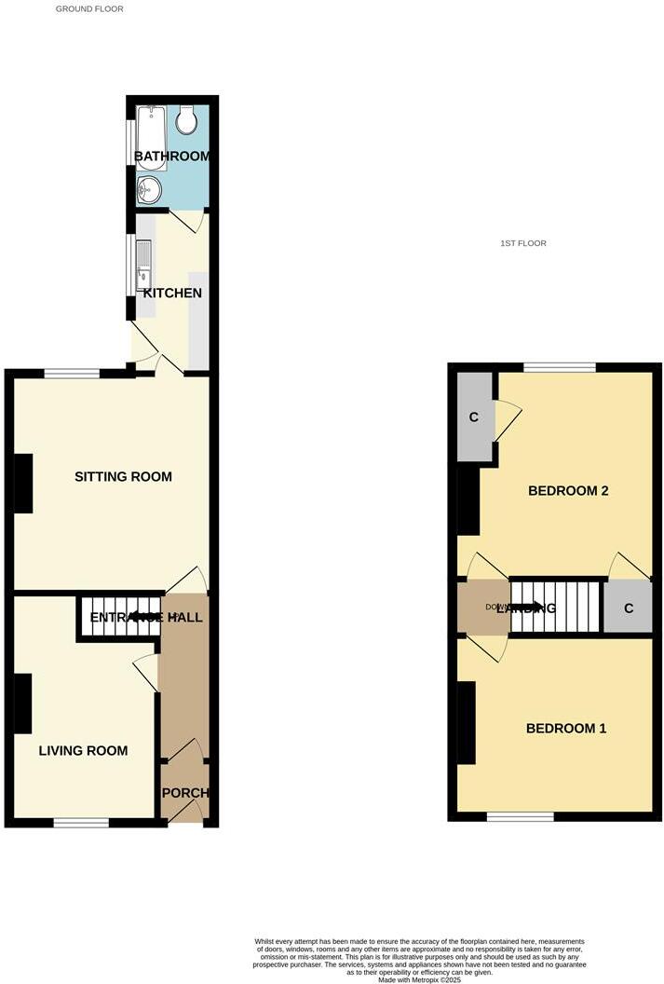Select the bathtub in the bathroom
[151, 137]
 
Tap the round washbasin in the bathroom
[148, 191]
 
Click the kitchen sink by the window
[143, 265]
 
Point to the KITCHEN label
[172, 293]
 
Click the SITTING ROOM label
[123, 477]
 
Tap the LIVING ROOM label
[83, 750]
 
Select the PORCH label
[185, 793]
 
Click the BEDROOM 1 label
[566, 728]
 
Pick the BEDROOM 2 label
[568, 490]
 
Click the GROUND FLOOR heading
[89, 8]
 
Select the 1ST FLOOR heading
[522, 243]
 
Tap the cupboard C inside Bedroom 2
[474, 417]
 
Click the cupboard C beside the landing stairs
[629, 608]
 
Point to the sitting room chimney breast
[23, 483]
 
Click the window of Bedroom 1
[520, 817]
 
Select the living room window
[80, 823]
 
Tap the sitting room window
[72, 374]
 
